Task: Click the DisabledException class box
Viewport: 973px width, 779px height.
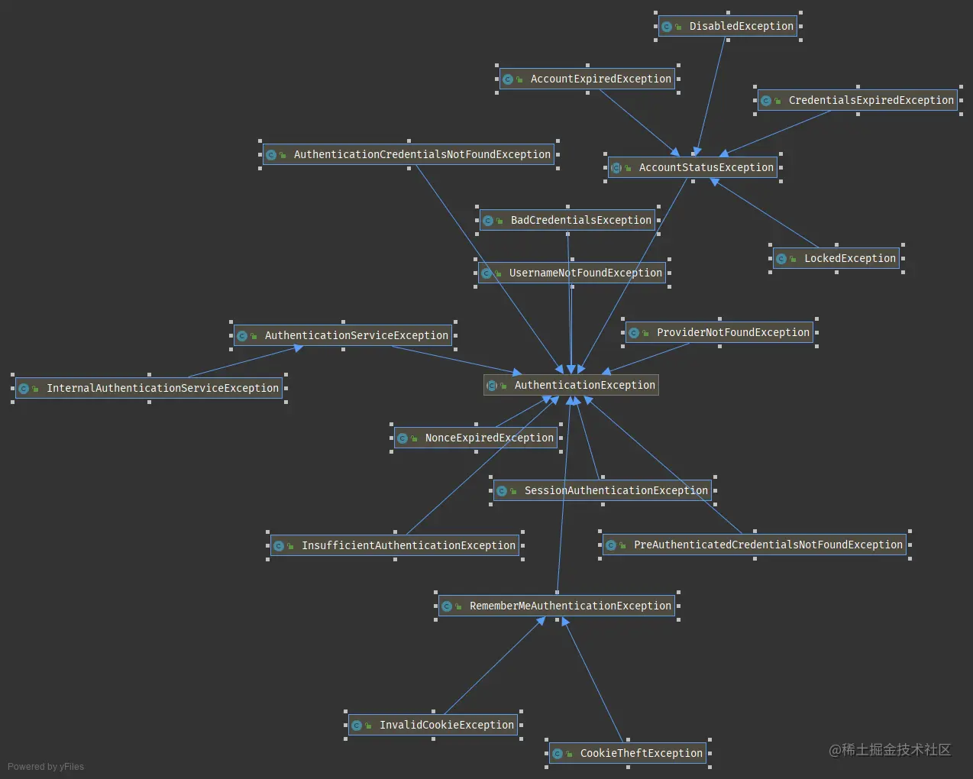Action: (728, 26)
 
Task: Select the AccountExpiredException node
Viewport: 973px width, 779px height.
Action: (587, 79)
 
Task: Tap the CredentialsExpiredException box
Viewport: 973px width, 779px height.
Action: (858, 100)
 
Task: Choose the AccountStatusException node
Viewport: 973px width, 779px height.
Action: (693, 168)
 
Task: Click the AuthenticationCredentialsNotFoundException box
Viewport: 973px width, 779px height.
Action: (409, 154)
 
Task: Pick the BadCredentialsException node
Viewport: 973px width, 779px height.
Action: (567, 220)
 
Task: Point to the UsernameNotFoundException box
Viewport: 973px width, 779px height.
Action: (572, 273)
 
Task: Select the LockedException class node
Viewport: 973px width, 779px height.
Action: (836, 259)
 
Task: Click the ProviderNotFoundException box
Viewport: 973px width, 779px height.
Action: (719, 333)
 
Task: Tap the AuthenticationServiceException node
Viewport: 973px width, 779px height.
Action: (343, 336)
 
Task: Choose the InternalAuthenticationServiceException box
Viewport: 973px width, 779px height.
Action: (149, 389)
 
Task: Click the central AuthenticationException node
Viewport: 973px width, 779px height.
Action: (571, 385)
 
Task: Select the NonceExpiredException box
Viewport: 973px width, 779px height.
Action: (476, 438)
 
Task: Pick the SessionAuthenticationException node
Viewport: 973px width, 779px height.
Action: (603, 490)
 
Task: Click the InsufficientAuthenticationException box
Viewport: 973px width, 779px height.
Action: (395, 546)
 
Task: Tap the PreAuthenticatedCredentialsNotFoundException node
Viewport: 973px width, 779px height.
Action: (755, 545)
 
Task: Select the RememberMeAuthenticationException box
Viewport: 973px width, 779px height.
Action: (557, 606)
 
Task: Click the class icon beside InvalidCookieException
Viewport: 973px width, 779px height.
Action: (357, 726)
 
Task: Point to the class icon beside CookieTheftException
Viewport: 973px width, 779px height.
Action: (558, 754)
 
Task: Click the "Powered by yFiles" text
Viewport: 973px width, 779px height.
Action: (46, 767)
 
